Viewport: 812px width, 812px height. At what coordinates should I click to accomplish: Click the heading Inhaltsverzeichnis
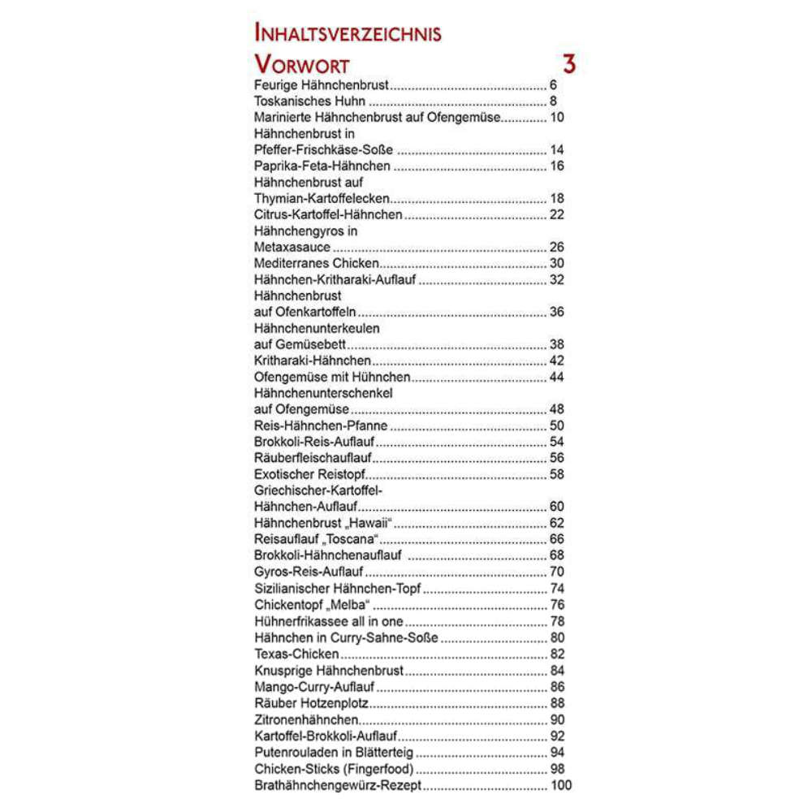(348, 33)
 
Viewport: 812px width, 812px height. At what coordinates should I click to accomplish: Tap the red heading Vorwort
(301, 65)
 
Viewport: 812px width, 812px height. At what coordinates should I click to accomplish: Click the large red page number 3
(568, 64)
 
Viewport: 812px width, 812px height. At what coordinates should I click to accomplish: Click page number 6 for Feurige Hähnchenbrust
(553, 85)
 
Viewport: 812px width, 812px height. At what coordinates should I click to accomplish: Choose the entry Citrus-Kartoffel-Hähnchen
(328, 215)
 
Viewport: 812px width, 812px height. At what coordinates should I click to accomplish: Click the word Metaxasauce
(292, 248)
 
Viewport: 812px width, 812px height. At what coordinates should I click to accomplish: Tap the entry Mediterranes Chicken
(317, 264)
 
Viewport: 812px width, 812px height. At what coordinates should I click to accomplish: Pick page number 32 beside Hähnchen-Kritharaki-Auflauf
(556, 280)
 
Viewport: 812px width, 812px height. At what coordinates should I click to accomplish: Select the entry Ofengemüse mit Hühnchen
(332, 378)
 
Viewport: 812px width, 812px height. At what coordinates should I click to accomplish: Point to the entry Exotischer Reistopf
(309, 475)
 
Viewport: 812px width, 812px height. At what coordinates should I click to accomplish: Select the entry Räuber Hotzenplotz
(312, 703)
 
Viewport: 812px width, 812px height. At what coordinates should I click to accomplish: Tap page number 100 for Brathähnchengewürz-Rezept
(560, 785)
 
